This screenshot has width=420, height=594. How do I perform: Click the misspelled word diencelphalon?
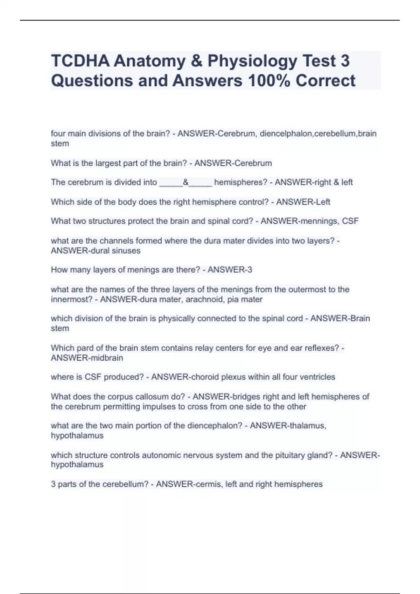(x=286, y=133)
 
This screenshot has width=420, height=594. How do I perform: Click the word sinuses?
(x=126, y=251)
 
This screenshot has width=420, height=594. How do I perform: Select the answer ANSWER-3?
(x=230, y=270)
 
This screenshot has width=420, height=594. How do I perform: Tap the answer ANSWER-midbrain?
(x=87, y=358)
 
